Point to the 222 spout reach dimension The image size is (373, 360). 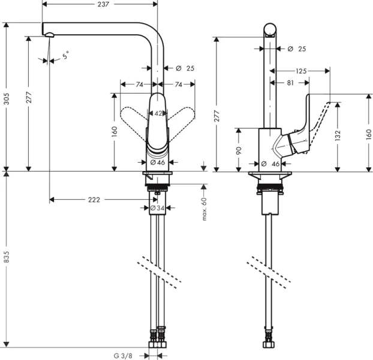tap(94, 199)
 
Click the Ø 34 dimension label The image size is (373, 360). tap(157, 208)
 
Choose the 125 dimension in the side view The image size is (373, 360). tap(301, 71)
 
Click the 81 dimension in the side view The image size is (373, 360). tap(289, 83)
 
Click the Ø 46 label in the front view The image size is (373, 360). tap(157, 163)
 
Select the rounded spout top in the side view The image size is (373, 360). tap(270, 29)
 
